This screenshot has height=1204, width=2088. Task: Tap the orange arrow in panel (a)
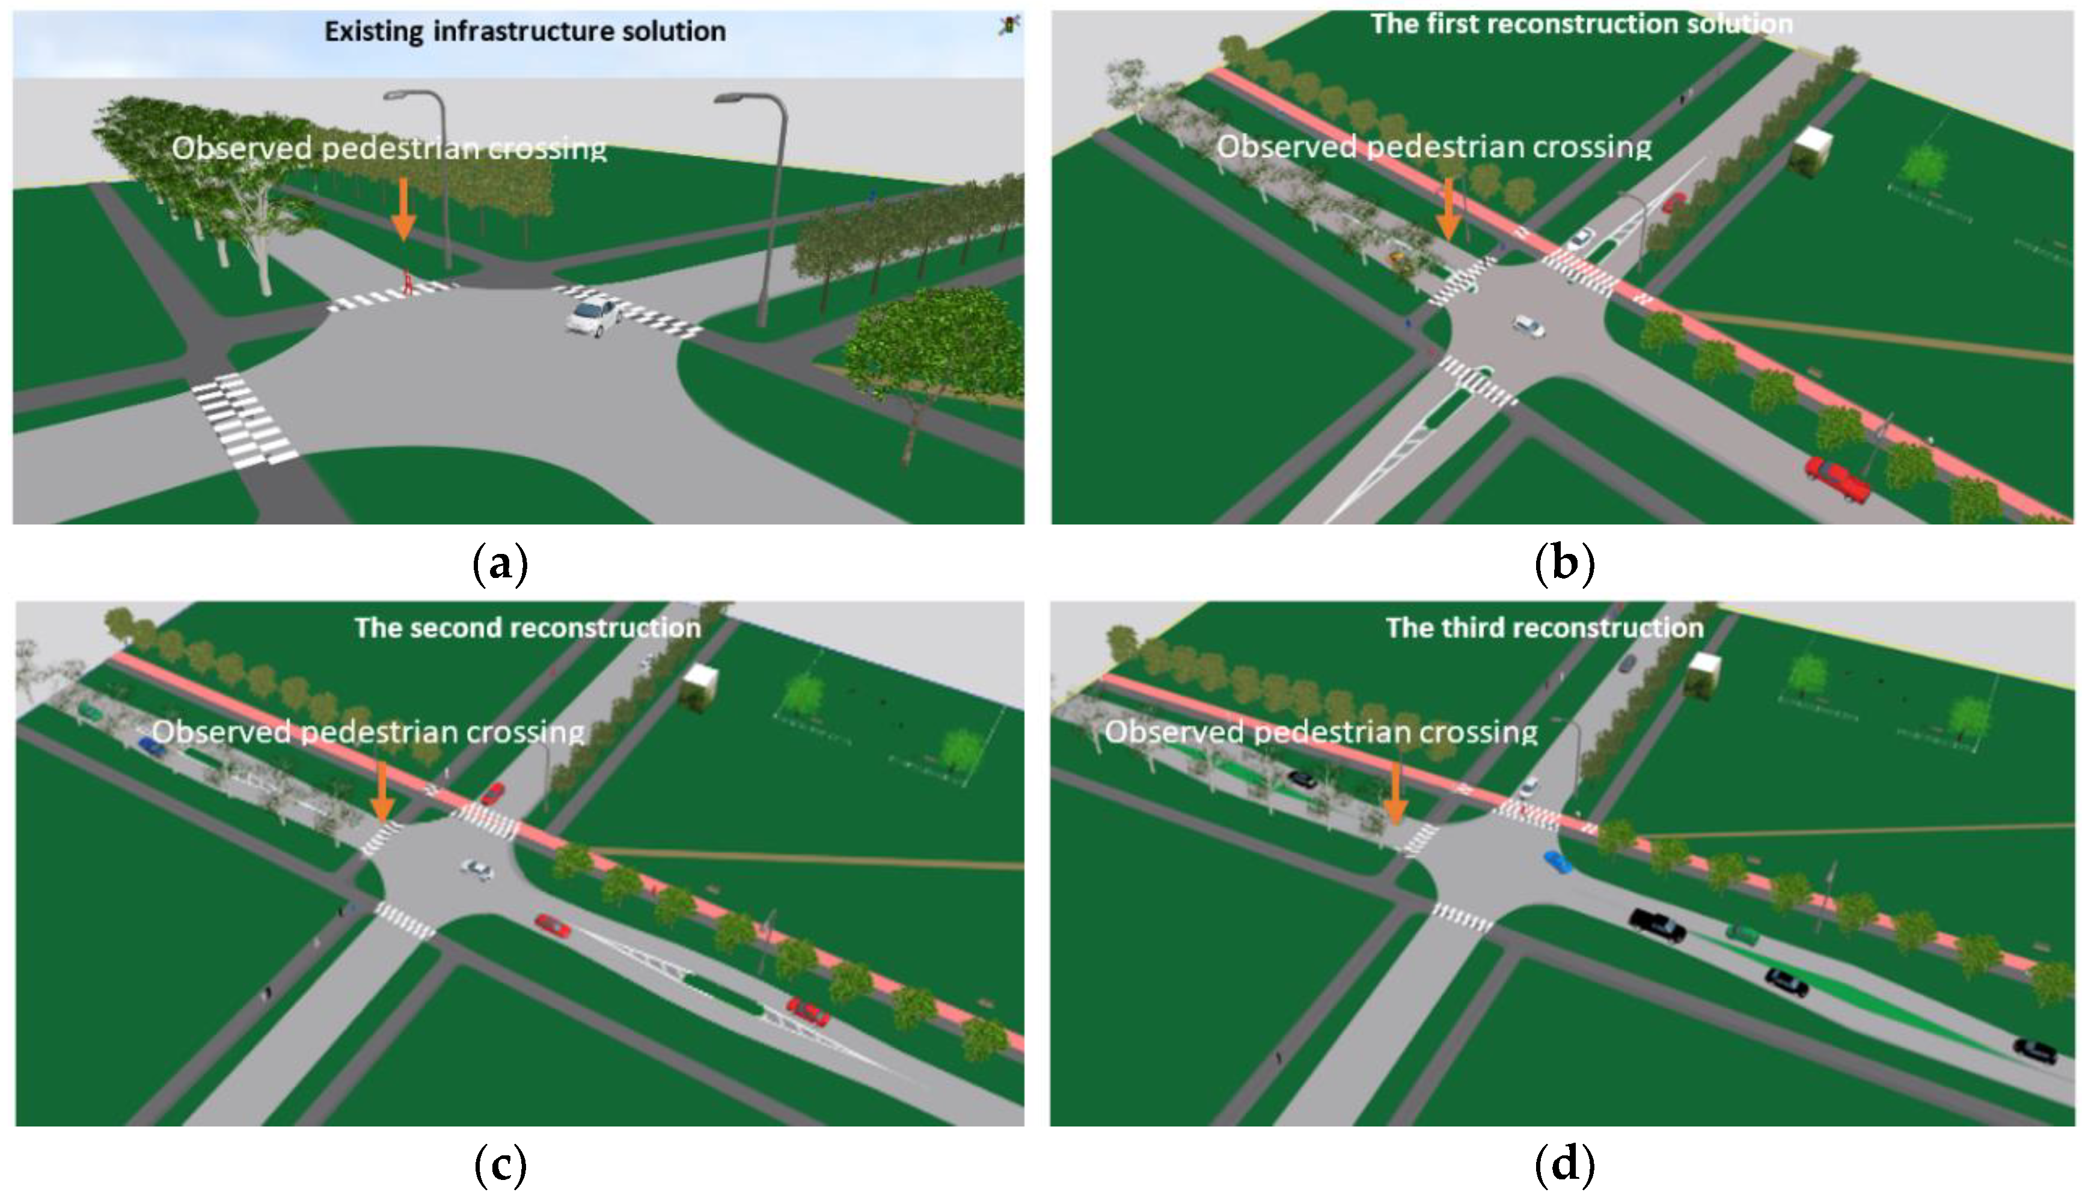click(403, 208)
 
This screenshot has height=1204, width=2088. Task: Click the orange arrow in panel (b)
click(1448, 208)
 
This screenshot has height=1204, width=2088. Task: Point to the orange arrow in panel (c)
click(382, 791)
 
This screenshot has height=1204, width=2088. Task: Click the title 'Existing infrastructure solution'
click(524, 31)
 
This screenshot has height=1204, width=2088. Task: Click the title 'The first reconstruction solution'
click(1581, 24)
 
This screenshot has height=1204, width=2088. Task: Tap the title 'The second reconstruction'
click(528, 628)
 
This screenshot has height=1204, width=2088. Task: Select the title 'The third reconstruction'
click(1545, 628)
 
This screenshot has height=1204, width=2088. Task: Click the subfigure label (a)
click(500, 564)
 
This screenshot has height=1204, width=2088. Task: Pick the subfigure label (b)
click(1564, 564)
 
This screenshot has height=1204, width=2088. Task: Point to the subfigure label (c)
click(500, 1164)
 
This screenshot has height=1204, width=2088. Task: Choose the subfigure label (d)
click(1564, 1164)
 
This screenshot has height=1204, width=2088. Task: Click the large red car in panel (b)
click(1837, 479)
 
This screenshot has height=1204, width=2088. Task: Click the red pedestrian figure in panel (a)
click(407, 281)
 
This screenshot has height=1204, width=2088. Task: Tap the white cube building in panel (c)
click(698, 685)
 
